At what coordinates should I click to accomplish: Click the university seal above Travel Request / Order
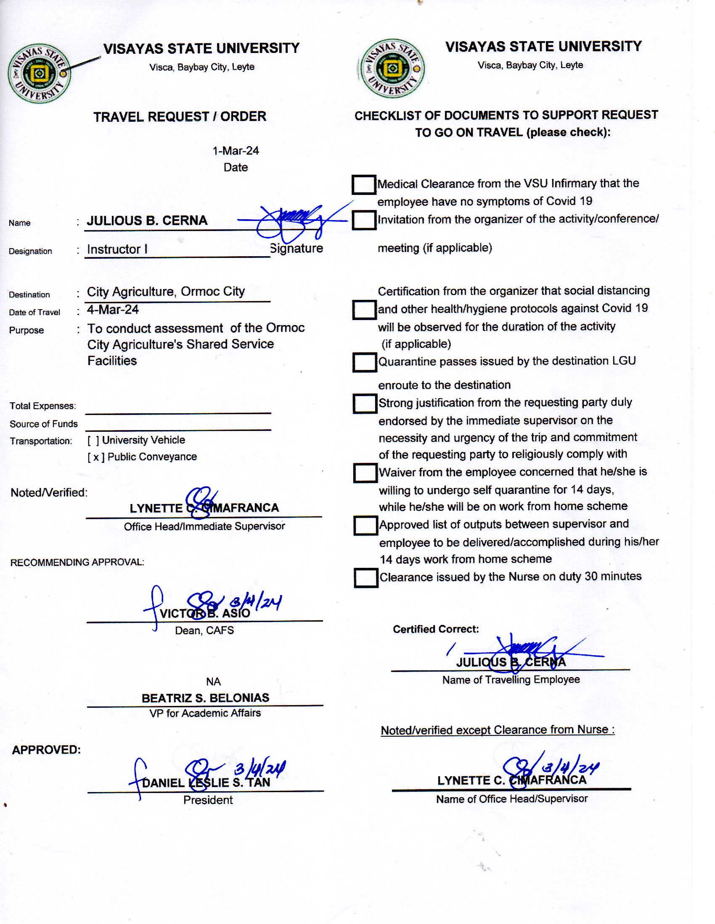click(x=39, y=73)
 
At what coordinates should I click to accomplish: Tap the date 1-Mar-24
click(x=236, y=151)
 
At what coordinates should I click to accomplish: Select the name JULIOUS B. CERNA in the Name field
click(x=147, y=220)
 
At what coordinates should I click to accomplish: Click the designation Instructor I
click(x=117, y=249)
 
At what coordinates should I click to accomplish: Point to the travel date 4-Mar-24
click(x=113, y=310)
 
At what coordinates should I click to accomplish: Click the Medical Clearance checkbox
click(x=363, y=184)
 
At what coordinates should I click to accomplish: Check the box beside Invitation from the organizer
click(x=363, y=220)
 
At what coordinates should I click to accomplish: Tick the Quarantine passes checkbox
click(x=364, y=362)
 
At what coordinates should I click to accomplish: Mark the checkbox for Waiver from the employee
click(x=365, y=473)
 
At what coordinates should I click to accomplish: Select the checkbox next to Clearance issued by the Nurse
click(x=365, y=578)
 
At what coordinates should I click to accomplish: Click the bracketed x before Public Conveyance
click(x=96, y=457)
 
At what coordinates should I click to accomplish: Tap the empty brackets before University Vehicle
click(x=93, y=441)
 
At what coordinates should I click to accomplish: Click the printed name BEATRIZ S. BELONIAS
click(x=205, y=698)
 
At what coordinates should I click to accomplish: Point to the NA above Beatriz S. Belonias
click(x=214, y=682)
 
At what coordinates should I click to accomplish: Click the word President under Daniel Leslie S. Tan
click(x=208, y=800)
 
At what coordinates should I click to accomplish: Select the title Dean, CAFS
click(x=204, y=630)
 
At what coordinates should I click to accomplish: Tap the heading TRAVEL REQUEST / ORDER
click(x=180, y=117)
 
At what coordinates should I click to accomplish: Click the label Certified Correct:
click(x=436, y=629)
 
